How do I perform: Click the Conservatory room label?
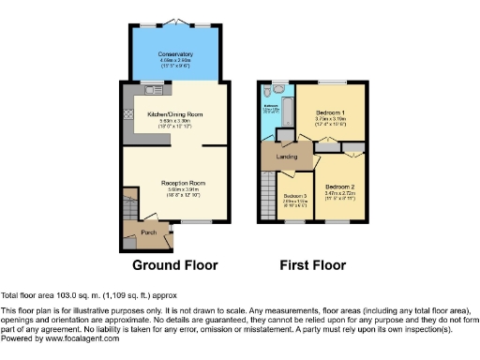tap(176, 54)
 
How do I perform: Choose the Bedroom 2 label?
tap(338, 186)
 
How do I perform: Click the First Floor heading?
tap(311, 265)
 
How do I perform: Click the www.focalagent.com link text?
tap(67, 337)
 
